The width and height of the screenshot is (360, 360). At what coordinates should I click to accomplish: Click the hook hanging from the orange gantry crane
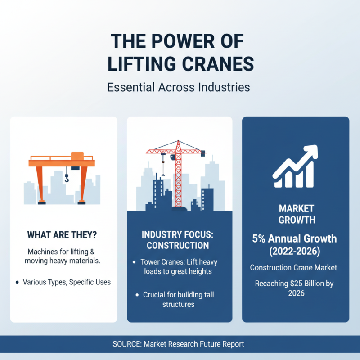67,179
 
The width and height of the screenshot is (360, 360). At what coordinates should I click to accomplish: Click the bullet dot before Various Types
17,282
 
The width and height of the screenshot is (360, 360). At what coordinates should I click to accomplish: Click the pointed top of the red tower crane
178,143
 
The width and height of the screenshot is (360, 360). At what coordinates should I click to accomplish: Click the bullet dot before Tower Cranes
134,262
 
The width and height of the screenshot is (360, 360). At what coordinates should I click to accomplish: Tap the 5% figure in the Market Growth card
261,238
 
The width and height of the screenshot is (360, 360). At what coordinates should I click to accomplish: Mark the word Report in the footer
233,344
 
